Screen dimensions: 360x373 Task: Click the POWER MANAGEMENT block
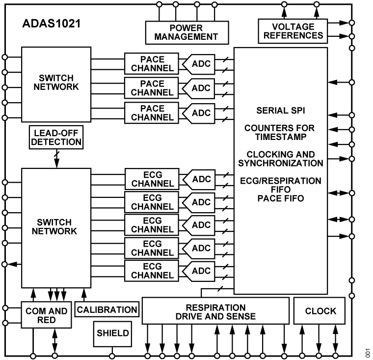187,32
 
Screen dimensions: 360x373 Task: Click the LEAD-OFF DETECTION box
56,137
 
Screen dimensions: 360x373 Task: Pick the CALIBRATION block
107,310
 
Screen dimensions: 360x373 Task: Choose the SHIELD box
112,333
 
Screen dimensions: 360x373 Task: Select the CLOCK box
320,311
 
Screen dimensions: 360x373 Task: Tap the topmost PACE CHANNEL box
152,63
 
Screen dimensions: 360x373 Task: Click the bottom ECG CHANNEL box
152,271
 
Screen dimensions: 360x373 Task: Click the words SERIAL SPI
280,111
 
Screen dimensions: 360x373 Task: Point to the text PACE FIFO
280,198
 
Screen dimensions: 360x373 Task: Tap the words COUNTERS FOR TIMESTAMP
280,133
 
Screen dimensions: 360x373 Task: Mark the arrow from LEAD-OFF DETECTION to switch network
56,158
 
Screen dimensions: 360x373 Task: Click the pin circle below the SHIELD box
112,356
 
